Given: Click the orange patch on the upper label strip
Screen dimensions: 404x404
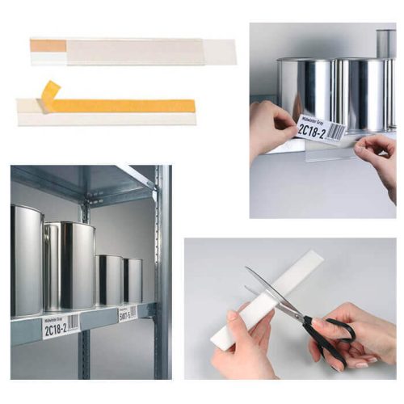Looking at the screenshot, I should click(x=48, y=46).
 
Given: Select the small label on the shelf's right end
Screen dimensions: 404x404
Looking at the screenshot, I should click(x=128, y=313).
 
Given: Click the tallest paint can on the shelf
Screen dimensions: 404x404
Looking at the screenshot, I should click(x=27, y=259).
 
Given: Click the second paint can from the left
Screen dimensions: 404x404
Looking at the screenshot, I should click(x=69, y=267).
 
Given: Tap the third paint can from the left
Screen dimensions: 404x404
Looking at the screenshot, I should click(x=108, y=280).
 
